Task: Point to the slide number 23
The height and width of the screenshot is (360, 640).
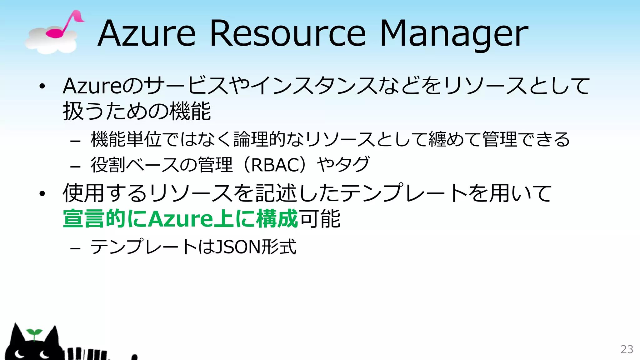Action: pyautogui.click(x=627, y=349)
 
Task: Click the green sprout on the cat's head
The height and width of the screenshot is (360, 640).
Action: pyautogui.click(x=34, y=333)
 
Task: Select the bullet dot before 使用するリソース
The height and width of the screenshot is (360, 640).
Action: pyautogui.click(x=42, y=194)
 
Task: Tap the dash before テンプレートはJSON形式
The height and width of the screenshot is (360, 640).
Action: pyautogui.click(x=75, y=249)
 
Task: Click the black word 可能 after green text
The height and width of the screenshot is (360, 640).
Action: pyautogui.click(x=319, y=219)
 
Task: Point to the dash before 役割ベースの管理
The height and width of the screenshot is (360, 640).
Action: pyautogui.click(x=75, y=167)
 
